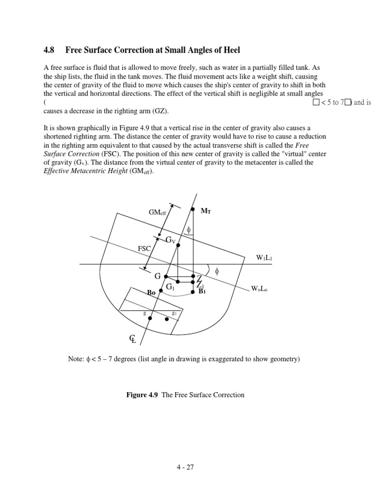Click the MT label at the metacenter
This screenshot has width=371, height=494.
[x=205, y=211]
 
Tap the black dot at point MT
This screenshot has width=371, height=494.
[x=193, y=210]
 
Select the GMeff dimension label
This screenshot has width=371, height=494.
[x=157, y=212]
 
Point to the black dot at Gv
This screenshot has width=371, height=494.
[x=178, y=245]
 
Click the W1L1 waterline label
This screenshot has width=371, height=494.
[x=264, y=257]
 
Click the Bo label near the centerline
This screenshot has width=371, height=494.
[x=152, y=292]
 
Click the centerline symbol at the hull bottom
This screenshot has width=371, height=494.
[x=132, y=339]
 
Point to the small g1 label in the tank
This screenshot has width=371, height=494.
[x=174, y=313]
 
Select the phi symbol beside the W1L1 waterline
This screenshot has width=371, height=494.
[x=217, y=272]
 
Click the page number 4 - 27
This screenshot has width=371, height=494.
[x=185, y=467]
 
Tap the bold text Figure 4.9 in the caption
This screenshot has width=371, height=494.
[x=142, y=395]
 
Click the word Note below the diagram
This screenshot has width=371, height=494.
[x=78, y=359]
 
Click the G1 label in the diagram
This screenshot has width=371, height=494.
[x=170, y=287]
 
